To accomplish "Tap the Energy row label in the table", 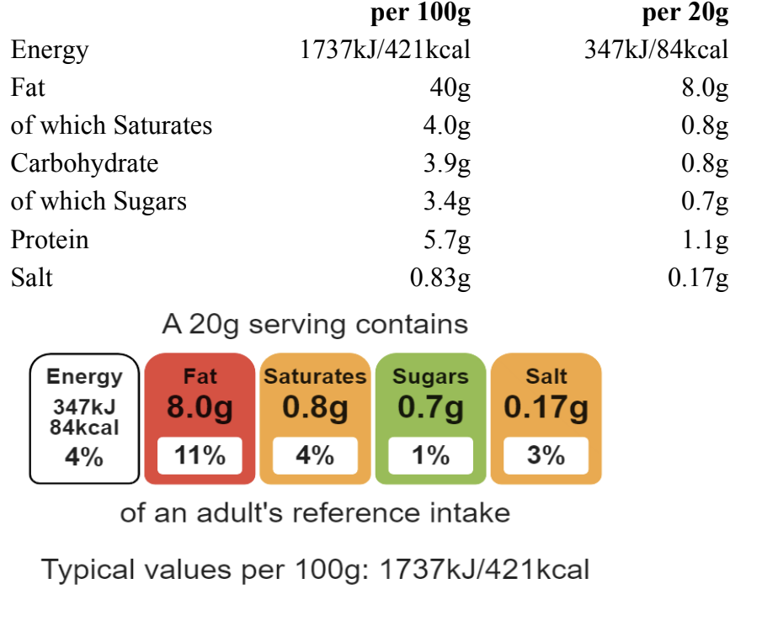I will [x=50, y=50].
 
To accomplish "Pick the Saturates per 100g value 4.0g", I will [x=446, y=126].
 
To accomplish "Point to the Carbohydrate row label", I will [x=84, y=163].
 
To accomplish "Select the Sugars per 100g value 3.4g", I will [x=446, y=202].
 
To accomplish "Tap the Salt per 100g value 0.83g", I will [x=440, y=278].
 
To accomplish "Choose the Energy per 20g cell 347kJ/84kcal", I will [x=656, y=50].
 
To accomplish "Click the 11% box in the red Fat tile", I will [x=200, y=456].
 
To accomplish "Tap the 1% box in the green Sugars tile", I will [x=430, y=456].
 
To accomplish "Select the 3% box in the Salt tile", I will [x=546, y=456].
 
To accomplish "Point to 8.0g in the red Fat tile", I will [x=200, y=409].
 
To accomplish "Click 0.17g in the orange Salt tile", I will [x=546, y=409].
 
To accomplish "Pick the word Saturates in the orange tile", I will [x=315, y=376].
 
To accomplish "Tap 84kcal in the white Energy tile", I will [x=84, y=427].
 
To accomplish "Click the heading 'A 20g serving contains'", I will [x=315, y=324].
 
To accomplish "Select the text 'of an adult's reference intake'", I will [x=315, y=512].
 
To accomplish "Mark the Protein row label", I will [x=50, y=240].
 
